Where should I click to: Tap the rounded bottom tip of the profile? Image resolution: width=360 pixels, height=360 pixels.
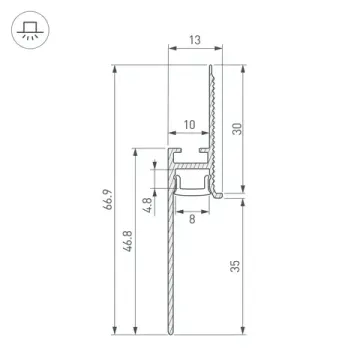coord(168,332)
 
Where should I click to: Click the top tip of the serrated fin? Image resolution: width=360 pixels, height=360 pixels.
coord(212,68)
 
